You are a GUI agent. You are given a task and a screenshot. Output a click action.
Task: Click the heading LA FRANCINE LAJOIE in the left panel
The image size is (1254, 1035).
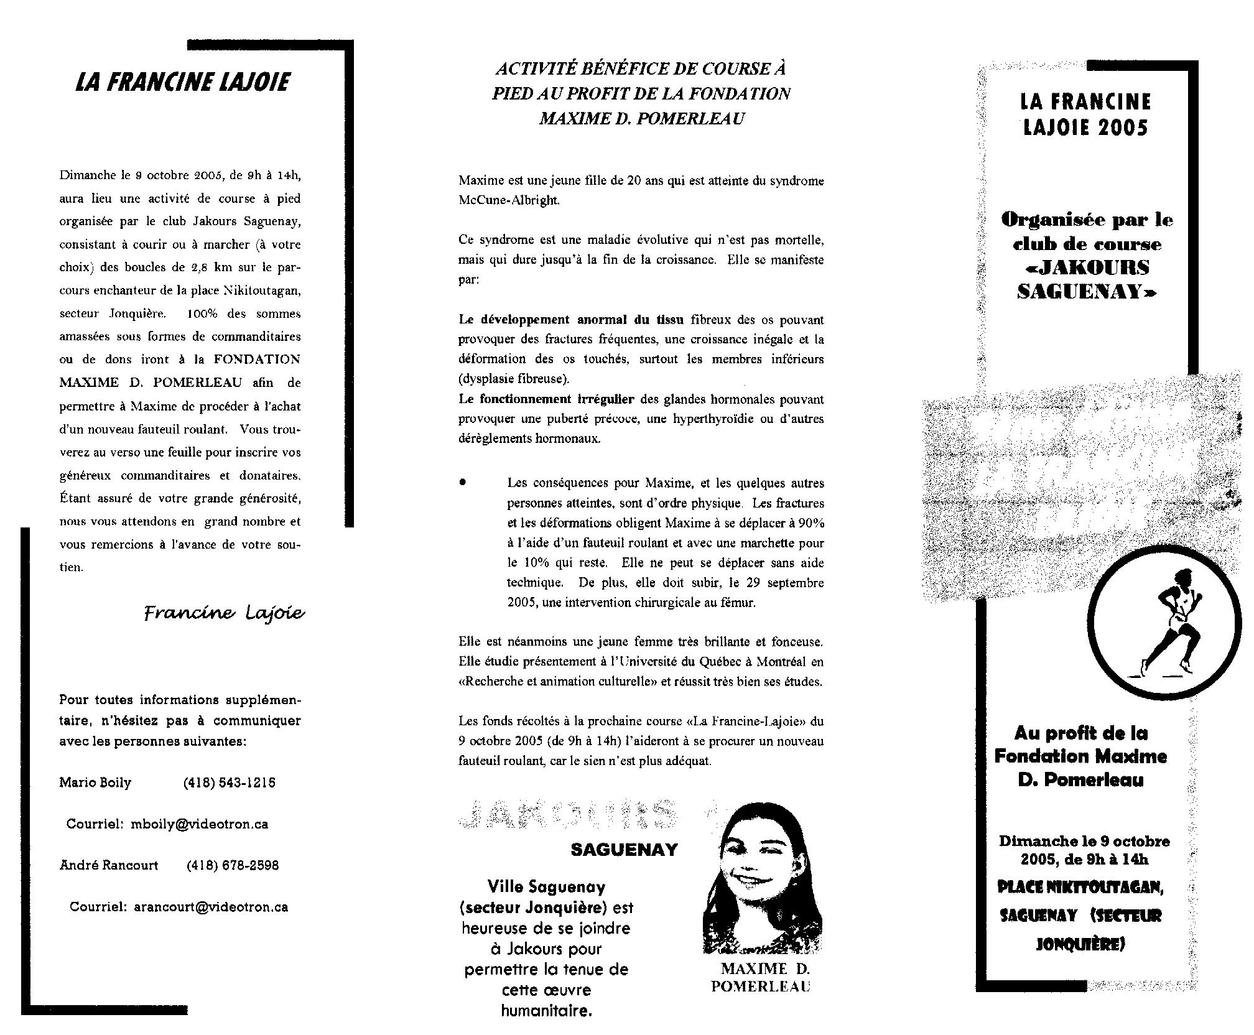coord(182,82)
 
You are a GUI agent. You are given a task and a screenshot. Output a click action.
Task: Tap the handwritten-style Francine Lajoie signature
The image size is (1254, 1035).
coord(224,614)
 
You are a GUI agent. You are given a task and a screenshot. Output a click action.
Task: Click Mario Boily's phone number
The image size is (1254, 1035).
coord(229,782)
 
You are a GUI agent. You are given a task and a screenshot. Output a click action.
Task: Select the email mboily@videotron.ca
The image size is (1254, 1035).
coord(199,824)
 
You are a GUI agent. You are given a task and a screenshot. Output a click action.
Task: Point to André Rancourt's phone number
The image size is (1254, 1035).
coord(232,865)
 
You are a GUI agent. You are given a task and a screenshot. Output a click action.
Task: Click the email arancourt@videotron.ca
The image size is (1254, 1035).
coord(211,907)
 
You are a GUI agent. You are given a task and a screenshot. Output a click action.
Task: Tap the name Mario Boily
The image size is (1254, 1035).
coord(95,782)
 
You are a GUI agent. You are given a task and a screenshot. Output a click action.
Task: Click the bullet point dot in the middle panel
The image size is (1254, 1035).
coord(463,483)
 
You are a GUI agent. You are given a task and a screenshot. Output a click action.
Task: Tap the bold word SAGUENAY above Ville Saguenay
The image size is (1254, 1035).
coord(624,850)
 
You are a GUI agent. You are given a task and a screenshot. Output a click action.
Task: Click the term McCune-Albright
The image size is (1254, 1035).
coord(509,202)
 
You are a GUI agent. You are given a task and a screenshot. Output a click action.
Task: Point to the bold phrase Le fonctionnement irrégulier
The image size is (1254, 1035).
coord(546,399)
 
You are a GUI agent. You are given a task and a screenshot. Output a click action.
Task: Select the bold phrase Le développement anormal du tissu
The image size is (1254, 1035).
coord(571,320)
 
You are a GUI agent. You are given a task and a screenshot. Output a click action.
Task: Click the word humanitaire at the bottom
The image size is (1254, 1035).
coord(546,1011)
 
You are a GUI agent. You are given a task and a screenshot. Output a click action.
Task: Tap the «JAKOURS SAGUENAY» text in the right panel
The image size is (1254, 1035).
coord(1086,279)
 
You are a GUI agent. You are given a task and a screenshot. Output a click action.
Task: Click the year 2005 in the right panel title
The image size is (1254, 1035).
coord(1123,128)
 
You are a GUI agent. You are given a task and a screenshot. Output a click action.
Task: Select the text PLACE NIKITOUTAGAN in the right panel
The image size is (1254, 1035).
coord(1080,887)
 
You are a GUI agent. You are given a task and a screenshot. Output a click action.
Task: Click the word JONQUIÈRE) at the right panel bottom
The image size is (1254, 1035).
coord(1080,944)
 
